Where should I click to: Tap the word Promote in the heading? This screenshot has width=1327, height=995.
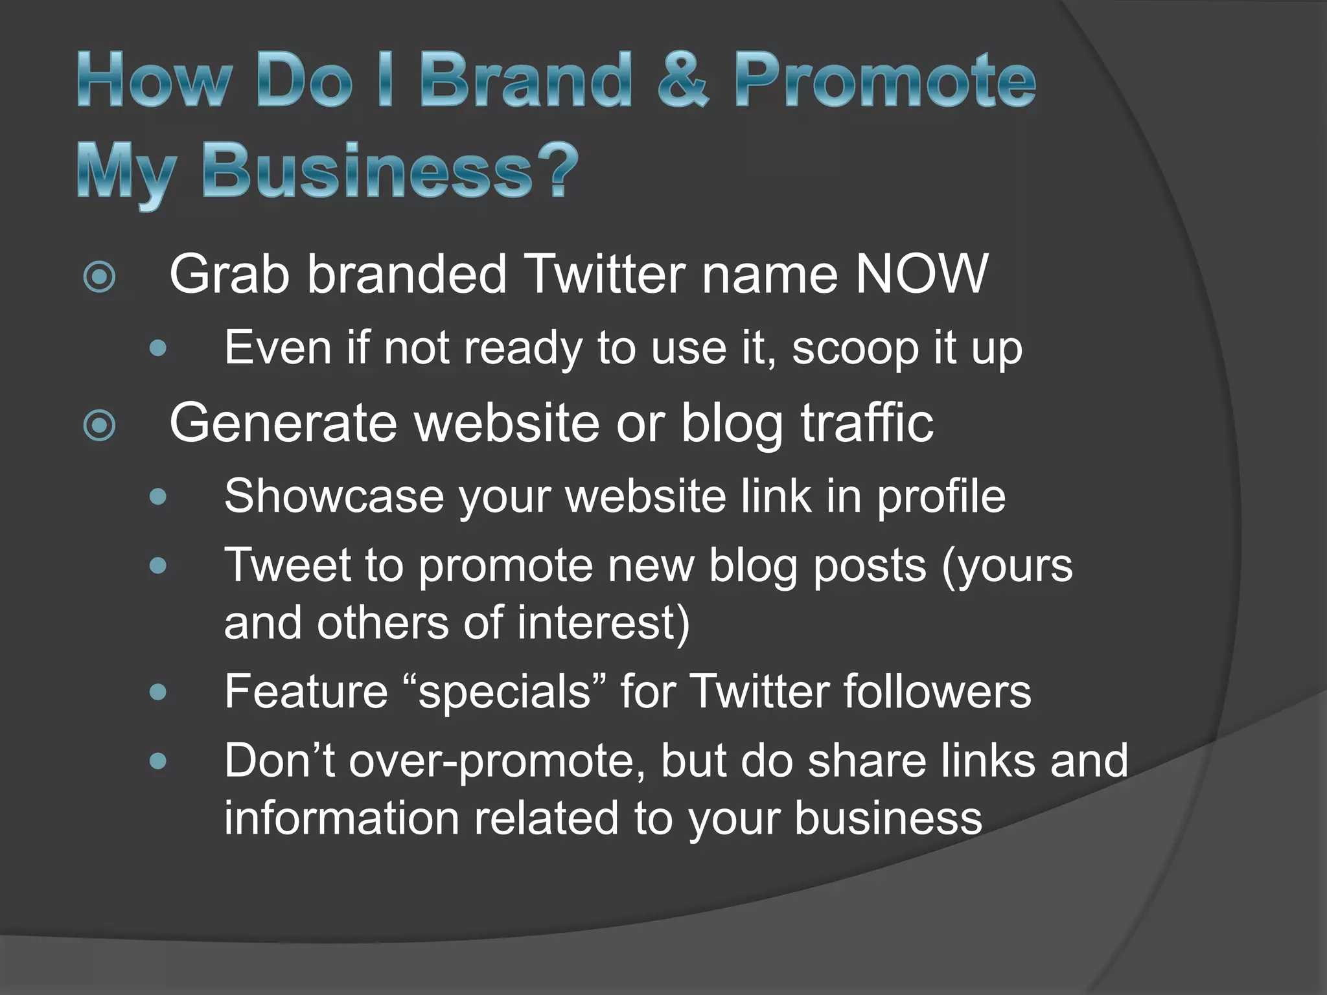pos(885,80)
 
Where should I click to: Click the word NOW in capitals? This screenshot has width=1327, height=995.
pos(921,274)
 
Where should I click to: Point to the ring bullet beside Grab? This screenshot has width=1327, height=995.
pos(100,277)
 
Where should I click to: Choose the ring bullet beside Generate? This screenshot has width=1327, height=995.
pos(100,426)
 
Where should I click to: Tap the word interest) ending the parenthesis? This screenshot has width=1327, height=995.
pos(603,622)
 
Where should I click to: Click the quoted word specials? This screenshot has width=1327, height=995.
pos(504,691)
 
